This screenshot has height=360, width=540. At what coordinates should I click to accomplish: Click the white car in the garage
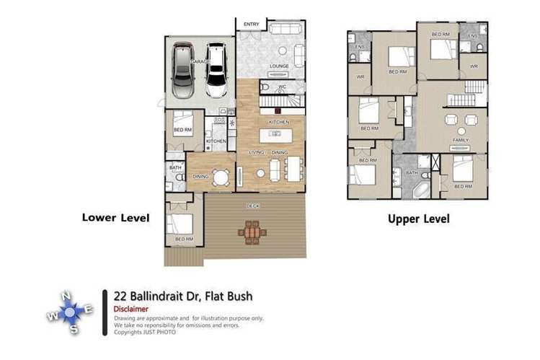[216, 71]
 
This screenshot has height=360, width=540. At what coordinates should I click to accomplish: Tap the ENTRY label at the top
[251, 25]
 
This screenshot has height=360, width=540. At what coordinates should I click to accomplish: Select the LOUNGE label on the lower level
[279, 66]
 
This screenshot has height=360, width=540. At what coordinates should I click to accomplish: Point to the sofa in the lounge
[286, 30]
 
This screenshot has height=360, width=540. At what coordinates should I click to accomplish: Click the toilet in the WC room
[265, 88]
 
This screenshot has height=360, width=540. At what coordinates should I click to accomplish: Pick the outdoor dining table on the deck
[252, 232]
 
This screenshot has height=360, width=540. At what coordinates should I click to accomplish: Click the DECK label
[252, 206]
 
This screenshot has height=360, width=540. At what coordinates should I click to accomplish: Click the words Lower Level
[115, 217]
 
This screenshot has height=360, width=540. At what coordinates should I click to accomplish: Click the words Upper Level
[418, 219]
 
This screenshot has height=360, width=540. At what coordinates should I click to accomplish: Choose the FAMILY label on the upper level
[461, 140]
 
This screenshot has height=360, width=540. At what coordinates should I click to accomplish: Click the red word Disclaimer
[131, 309]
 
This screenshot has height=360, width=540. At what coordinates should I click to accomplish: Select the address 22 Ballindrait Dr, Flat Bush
[183, 296]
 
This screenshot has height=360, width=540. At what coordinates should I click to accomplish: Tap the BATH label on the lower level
[175, 168]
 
